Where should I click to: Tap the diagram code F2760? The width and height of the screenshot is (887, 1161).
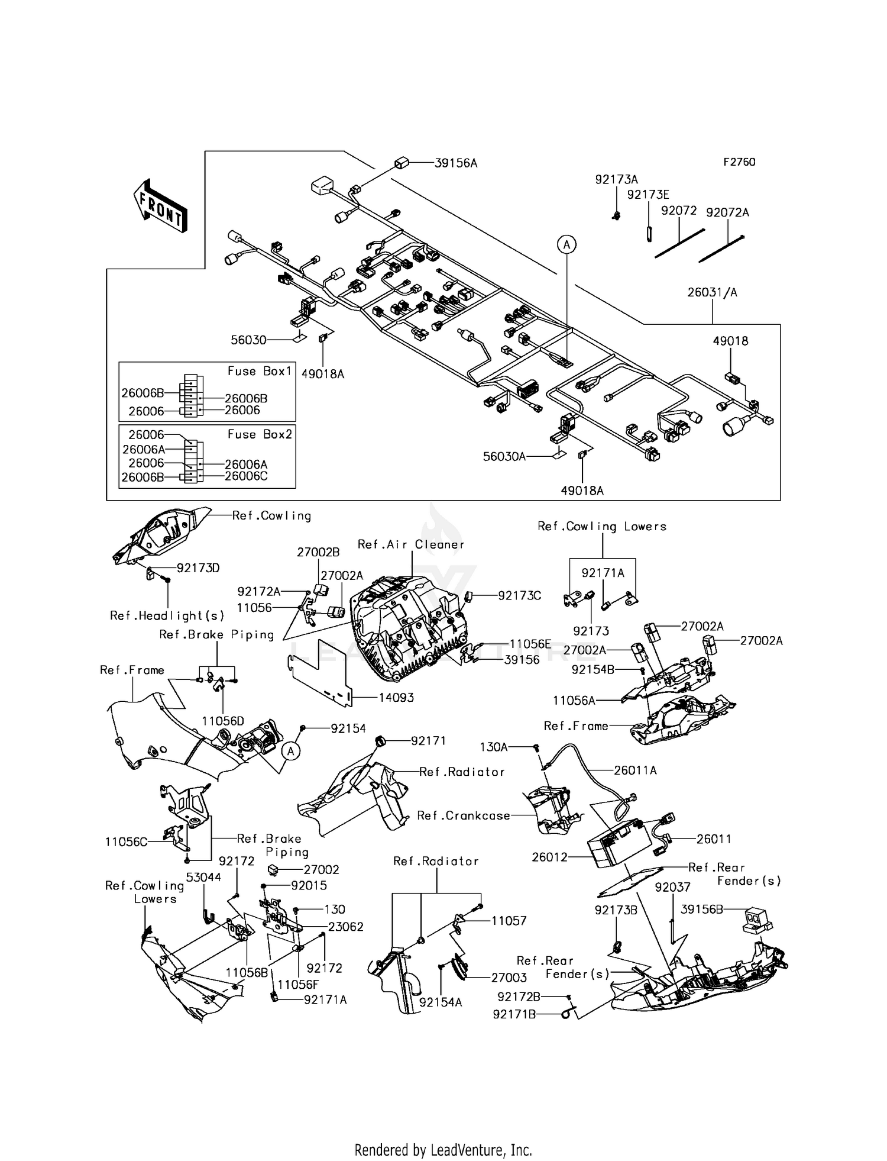click(x=739, y=162)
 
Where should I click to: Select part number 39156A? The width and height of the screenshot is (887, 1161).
click(x=455, y=163)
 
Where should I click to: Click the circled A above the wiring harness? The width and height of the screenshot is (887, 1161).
click(x=566, y=244)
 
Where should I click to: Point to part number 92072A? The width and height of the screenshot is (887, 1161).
click(x=727, y=212)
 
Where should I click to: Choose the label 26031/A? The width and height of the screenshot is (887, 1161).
click(x=712, y=292)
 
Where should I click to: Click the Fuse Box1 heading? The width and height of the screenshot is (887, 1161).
click(x=260, y=372)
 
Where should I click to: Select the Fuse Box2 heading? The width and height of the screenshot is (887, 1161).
click(x=260, y=434)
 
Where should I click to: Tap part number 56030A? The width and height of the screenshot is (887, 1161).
click(x=504, y=457)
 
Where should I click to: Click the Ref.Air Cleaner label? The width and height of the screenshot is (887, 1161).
click(x=411, y=544)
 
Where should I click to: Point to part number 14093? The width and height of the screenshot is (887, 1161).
click(x=396, y=698)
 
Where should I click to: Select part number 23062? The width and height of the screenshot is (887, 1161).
click(x=345, y=927)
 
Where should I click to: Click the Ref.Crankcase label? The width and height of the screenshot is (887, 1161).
click(x=463, y=815)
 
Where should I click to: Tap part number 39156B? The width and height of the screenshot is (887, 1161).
click(x=701, y=910)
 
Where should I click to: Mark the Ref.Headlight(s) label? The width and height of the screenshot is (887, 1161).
click(x=167, y=615)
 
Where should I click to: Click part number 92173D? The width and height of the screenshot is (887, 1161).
click(x=198, y=568)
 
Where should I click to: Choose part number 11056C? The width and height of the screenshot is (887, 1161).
click(x=126, y=841)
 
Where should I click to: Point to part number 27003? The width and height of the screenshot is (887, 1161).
click(x=509, y=978)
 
